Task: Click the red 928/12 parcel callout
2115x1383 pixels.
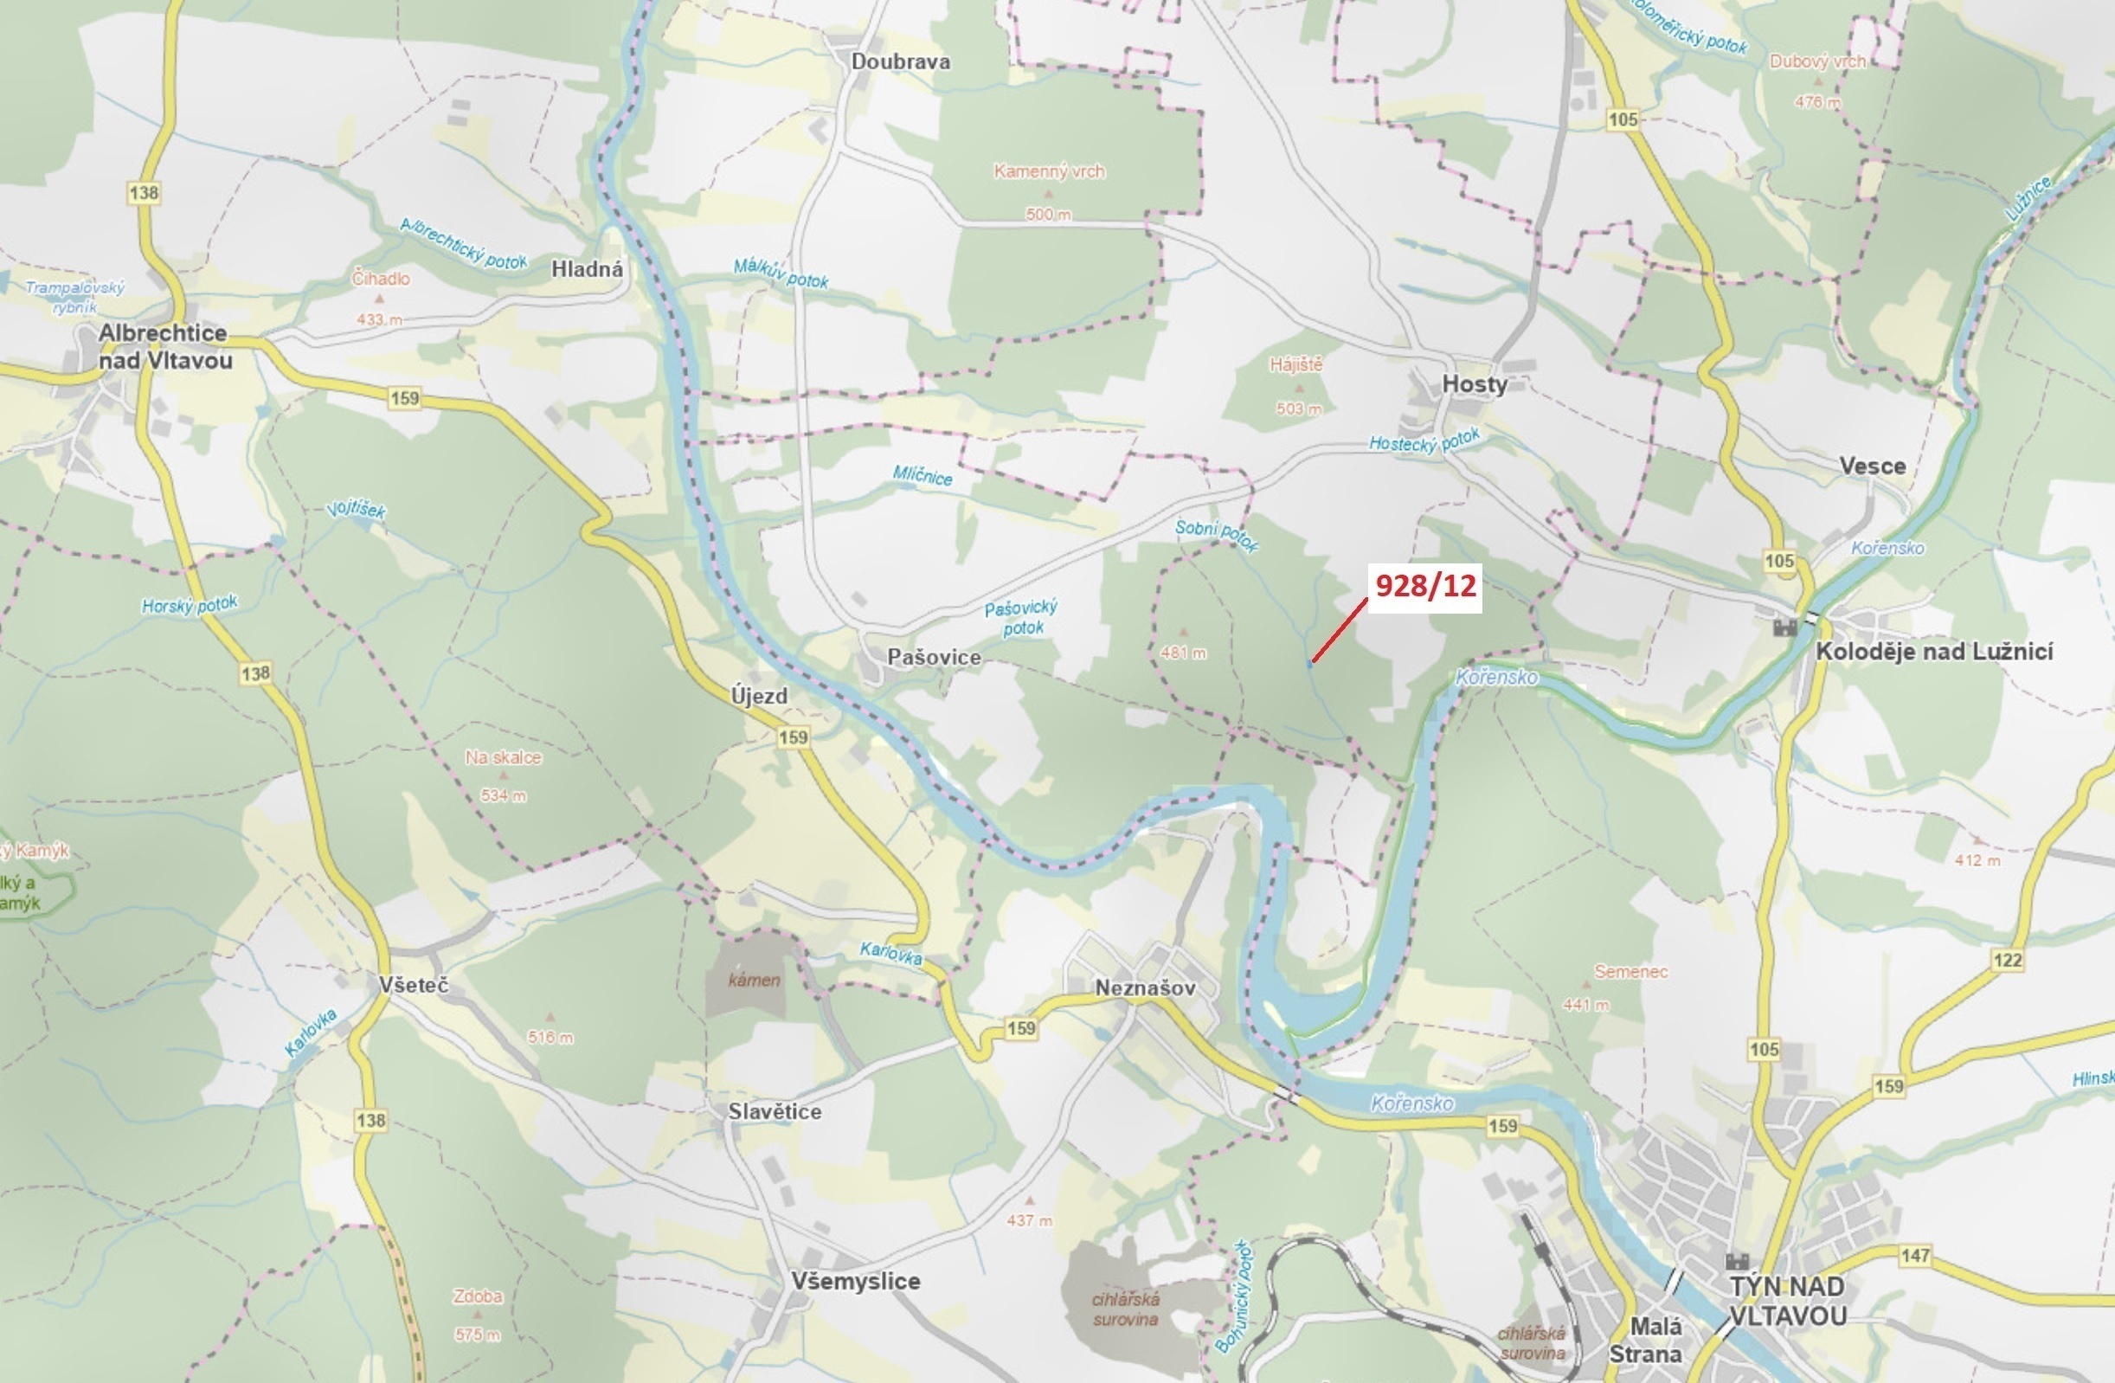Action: [1424, 586]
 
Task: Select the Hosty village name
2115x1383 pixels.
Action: [1475, 384]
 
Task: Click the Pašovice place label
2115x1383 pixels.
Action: [934, 657]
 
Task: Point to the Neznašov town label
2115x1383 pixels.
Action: [1145, 987]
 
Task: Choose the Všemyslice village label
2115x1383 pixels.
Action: [855, 1281]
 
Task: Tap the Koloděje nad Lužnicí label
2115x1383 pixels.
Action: [1934, 652]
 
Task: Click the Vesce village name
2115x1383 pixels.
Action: [1873, 466]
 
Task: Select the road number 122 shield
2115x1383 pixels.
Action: [2008, 960]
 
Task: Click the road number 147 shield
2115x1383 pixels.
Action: [1915, 1255]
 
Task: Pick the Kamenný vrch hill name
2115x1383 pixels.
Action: [1049, 171]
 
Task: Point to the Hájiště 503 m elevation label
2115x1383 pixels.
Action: [1298, 408]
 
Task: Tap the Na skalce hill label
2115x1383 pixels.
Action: [503, 757]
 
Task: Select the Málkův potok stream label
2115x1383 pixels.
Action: [781, 273]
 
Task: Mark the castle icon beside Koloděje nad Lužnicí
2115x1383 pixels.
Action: [1784, 627]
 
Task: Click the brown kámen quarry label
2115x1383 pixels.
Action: [754, 981]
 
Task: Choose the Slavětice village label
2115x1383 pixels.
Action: [774, 1111]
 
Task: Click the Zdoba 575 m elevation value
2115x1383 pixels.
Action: [477, 1335]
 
